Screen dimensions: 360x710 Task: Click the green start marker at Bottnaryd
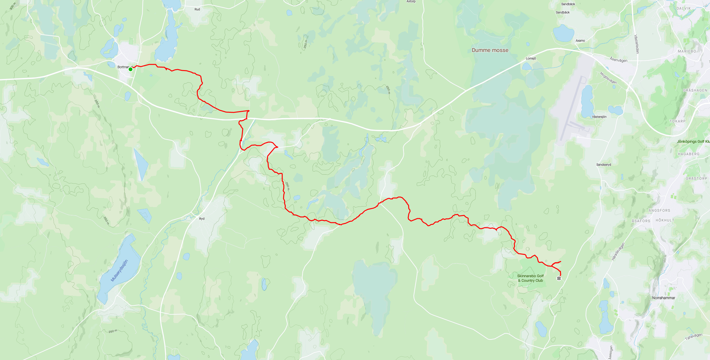click(130, 69)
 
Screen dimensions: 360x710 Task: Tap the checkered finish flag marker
click(559, 278)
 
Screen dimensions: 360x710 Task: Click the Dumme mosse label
click(490, 50)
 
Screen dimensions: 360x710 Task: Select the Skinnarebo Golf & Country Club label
click(530, 278)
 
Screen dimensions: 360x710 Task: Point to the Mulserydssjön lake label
click(119, 271)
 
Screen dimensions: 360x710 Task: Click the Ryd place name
click(202, 219)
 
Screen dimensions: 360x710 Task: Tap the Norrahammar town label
click(664, 298)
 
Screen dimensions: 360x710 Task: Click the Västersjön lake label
click(599, 117)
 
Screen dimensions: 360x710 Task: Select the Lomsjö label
click(531, 58)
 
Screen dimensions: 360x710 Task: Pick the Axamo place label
click(580, 41)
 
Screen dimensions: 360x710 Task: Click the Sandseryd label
click(603, 165)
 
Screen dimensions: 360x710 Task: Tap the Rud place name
click(197, 9)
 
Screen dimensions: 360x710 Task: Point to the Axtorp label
click(411, 2)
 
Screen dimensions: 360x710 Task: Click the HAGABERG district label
click(689, 154)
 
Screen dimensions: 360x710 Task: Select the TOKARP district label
click(677, 121)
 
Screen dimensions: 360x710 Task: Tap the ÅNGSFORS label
click(659, 210)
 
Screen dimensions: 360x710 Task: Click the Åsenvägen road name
click(618, 60)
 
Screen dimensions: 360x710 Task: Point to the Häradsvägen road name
click(618, 251)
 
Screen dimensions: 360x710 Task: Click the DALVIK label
click(683, 9)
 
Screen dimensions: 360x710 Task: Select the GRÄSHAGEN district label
click(695, 90)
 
